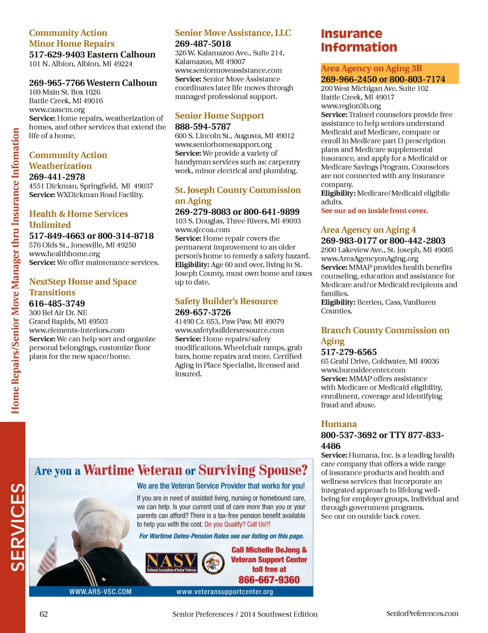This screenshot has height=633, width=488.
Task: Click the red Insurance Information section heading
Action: pos(359,41)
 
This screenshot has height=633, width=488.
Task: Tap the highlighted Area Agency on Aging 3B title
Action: pos(371,68)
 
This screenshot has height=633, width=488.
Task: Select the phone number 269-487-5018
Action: pos(203,44)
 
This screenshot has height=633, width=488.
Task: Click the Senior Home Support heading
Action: pos(220,116)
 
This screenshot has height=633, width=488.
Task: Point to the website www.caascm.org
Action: pos(57,109)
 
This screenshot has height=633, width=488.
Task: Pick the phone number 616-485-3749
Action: pos(57,304)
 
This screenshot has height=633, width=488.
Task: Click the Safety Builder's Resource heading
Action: pos(226,302)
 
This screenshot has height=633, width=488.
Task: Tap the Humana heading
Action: pos(339,424)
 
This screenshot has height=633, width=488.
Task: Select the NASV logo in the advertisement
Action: pos(171,562)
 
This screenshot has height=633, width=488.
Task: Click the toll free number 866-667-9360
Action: pos(269,580)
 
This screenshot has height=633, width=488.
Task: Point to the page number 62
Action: pos(44,614)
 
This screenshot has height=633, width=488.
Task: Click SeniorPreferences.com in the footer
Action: pos(422,614)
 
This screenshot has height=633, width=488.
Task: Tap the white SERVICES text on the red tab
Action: pos(17,527)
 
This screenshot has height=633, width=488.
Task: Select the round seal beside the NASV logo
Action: pos(213,563)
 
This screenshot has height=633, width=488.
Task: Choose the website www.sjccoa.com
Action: pos(202,230)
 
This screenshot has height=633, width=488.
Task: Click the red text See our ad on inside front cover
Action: pos(374,210)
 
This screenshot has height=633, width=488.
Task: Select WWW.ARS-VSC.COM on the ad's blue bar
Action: pos(100,592)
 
